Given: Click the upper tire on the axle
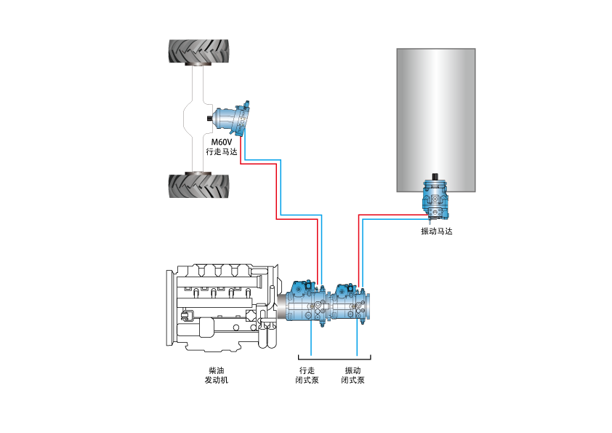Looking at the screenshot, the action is (x=198, y=51).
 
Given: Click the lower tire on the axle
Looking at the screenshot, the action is (x=198, y=186).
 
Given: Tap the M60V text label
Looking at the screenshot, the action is (x=221, y=142).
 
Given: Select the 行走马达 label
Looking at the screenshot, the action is (x=221, y=151).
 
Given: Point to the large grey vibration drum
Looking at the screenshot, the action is (x=436, y=120).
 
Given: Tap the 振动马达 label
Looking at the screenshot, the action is (x=436, y=231).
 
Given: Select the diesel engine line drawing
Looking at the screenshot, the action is (x=222, y=308).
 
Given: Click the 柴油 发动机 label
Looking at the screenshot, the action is (x=217, y=376).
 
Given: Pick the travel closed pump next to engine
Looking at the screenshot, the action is (x=307, y=303).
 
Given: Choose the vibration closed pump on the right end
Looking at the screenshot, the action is (x=351, y=303).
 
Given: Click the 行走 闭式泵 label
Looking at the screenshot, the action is (x=307, y=376).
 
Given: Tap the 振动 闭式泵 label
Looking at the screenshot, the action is (x=353, y=376).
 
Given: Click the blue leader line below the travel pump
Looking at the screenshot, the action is (x=311, y=338).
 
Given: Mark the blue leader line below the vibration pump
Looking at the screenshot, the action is (x=357, y=338).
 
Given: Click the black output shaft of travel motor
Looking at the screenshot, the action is (x=209, y=118).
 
